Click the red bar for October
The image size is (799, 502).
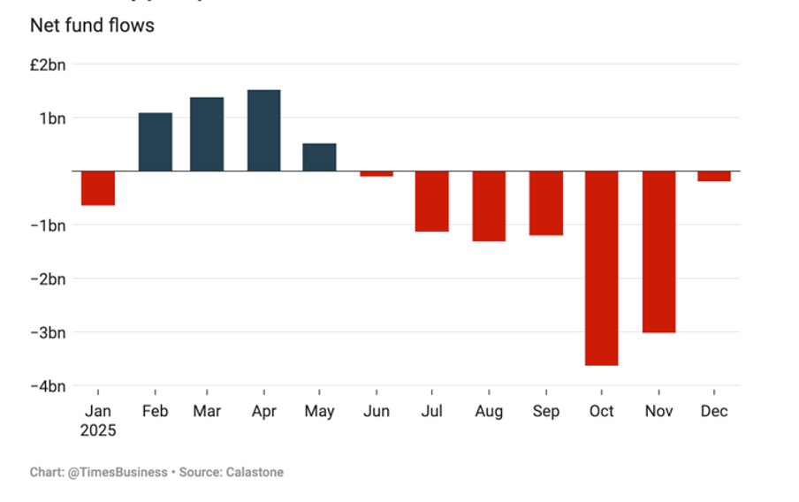pos(602,268)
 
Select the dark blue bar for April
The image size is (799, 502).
pos(264,131)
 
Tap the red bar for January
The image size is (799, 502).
pos(98,188)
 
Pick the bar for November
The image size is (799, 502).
pos(658,252)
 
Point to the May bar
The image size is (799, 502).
pos(319,157)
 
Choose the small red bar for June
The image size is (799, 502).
pos(377,173)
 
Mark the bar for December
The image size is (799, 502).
pos(713,176)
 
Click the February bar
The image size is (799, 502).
pos(156,141)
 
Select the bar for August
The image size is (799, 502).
pos(489,206)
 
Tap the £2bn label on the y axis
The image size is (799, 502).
pos(47,65)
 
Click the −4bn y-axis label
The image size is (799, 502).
pos(46,386)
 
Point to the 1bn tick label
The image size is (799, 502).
pos(50,118)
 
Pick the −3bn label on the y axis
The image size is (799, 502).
pos(46,333)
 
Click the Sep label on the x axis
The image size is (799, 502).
pos(545,412)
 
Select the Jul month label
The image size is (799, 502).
pos(431,412)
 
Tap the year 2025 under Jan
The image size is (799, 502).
pos(98,431)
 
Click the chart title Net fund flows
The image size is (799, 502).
pos(92,26)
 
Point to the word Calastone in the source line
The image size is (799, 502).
pos(254,473)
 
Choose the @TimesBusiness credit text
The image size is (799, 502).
pos(117,473)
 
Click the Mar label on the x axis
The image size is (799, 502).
pos(207,412)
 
